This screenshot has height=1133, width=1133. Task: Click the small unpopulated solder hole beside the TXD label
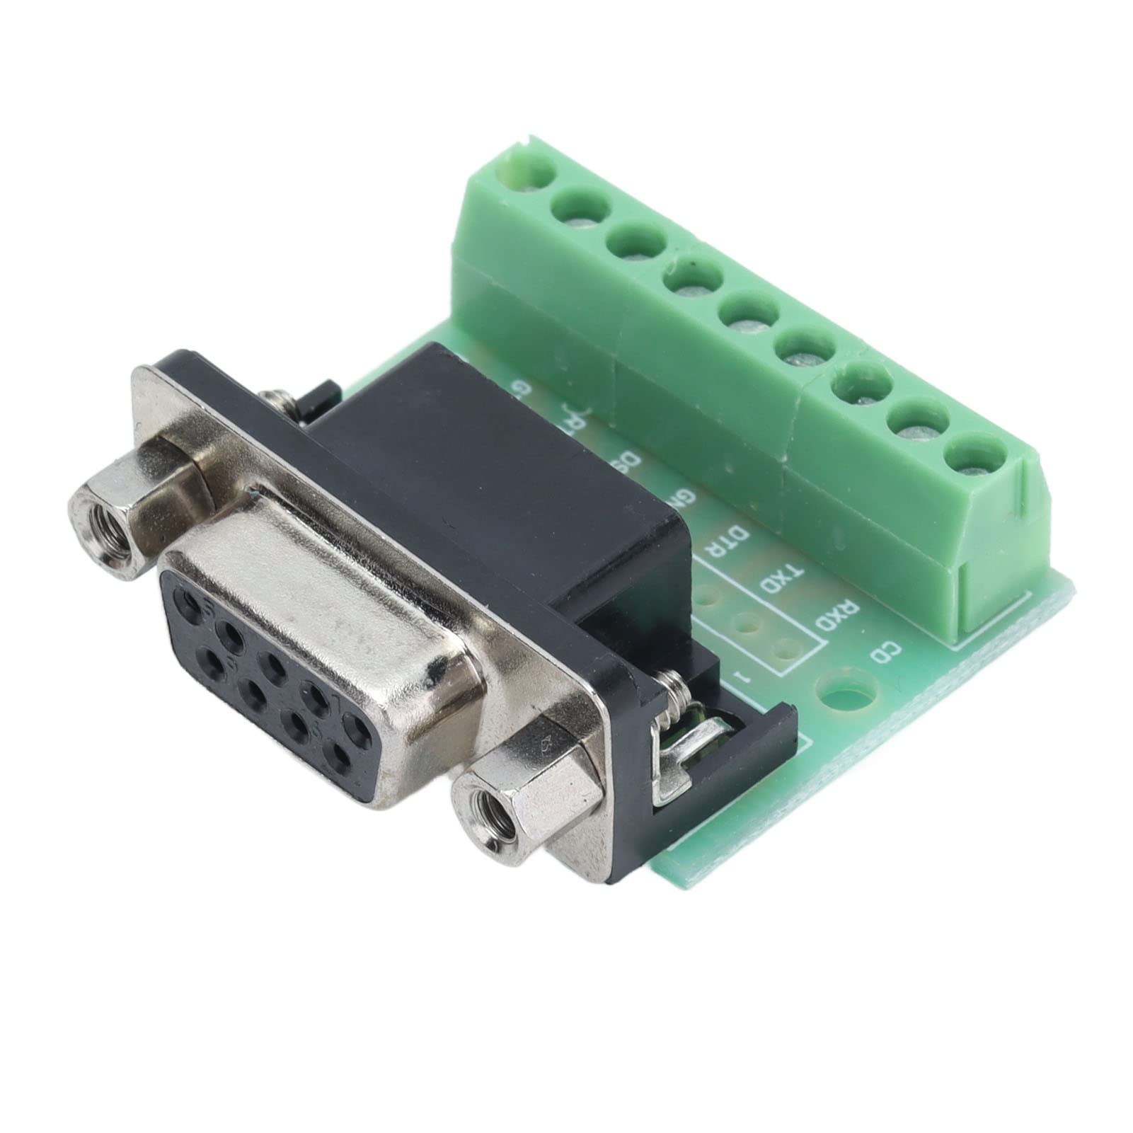[x=745, y=624]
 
